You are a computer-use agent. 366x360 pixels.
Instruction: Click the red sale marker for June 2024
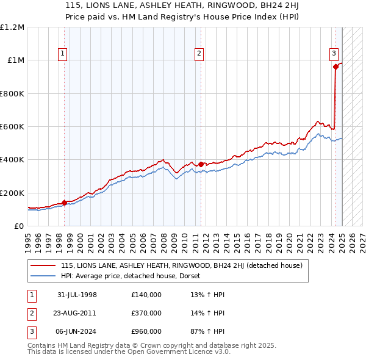pos(335,67)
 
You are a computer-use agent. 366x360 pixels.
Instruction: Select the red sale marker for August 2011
pos(201,164)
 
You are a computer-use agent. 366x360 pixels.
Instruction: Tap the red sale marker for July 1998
pos(65,203)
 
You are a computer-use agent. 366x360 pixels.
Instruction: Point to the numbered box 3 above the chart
pos(334,53)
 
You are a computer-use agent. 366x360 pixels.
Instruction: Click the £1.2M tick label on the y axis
pos(12,27)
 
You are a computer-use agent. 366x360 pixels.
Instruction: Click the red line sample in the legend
pos(43,265)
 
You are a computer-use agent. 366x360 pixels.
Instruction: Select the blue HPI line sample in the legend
pos(43,276)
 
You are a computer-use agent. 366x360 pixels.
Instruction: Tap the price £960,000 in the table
pos(146,331)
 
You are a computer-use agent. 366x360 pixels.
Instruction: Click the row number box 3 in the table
pos(32,331)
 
